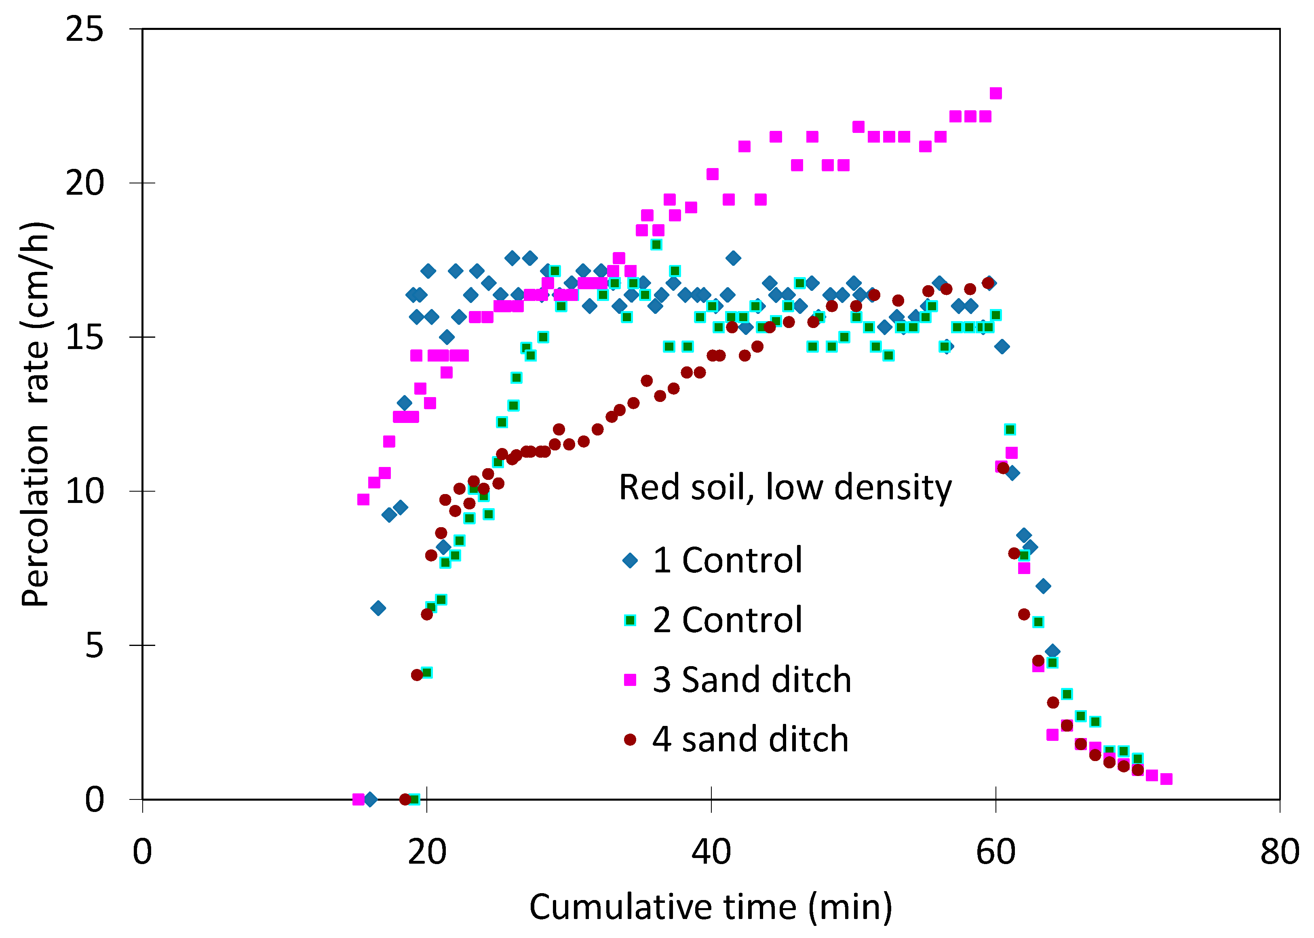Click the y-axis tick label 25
(84, 28)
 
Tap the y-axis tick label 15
(84, 337)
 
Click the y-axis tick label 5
(95, 645)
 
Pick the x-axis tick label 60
(996, 852)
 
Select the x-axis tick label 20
(427, 852)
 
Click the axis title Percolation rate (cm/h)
(36, 414)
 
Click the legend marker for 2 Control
(630, 620)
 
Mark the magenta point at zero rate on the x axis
(358, 799)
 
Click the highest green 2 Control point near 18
(656, 244)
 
